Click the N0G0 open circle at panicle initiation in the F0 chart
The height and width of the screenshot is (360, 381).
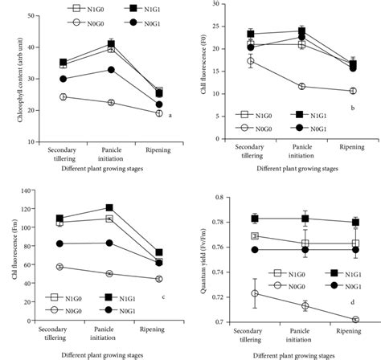tap(302, 86)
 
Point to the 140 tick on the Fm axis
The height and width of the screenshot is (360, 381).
tap(33, 190)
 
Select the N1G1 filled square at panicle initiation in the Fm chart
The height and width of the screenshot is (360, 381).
tap(109, 207)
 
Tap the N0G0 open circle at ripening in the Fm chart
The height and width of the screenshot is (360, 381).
tap(159, 279)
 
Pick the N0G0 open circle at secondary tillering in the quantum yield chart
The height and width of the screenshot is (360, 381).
tap(255, 293)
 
